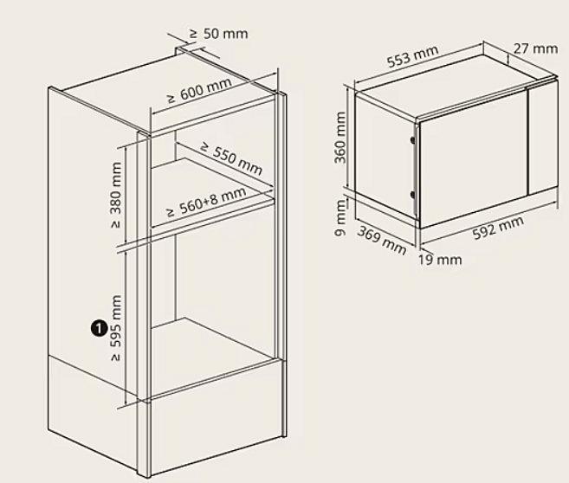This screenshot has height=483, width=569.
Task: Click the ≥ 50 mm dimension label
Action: (219, 34)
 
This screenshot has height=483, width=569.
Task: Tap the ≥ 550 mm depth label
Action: (230, 158)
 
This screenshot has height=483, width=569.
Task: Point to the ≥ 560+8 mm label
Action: (206, 202)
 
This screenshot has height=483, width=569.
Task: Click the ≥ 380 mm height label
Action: (115, 195)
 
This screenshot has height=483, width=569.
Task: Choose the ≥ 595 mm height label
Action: (115, 328)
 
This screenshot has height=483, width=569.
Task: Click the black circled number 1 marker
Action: (99, 328)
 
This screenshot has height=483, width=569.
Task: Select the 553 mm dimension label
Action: (412, 56)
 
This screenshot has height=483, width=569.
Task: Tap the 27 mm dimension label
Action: (535, 48)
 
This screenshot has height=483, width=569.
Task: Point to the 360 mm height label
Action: (340, 138)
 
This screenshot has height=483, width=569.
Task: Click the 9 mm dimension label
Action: (340, 218)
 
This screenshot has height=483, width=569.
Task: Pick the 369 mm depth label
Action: (381, 240)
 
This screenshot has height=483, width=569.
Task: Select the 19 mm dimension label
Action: (440, 260)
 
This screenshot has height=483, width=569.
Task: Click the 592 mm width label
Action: (499, 228)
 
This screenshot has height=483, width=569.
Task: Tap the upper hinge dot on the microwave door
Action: (412, 139)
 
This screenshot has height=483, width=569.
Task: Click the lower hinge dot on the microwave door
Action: (412, 195)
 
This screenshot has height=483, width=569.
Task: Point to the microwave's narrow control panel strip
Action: (542, 137)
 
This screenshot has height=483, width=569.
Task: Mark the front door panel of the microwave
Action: (473, 158)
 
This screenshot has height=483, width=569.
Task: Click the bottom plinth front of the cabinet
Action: (217, 418)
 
